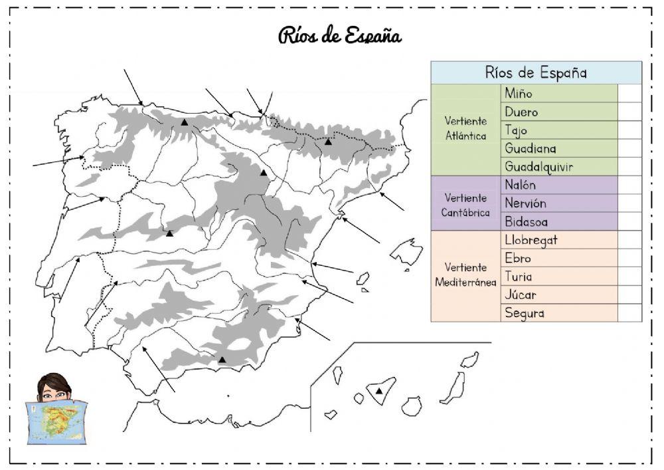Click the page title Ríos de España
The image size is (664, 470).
(339, 35)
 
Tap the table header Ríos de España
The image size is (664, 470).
(536, 72)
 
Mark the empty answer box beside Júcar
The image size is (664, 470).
(629, 294)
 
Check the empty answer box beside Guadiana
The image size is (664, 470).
(629, 148)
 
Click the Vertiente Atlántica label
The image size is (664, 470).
(465, 129)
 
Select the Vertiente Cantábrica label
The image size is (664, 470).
(465, 205)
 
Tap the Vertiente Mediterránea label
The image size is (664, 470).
(465, 275)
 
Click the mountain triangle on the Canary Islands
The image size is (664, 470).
(379, 391)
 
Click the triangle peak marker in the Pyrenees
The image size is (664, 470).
(328, 142)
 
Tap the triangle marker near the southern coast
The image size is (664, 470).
(222, 360)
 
